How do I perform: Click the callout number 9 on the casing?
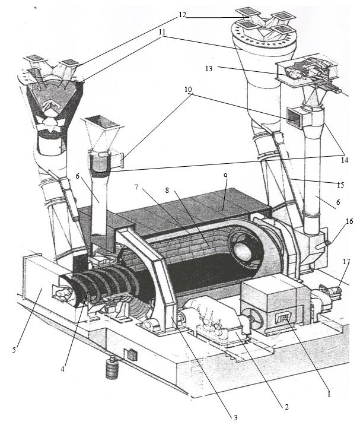click(225, 176)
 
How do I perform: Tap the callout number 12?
click(182, 14)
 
